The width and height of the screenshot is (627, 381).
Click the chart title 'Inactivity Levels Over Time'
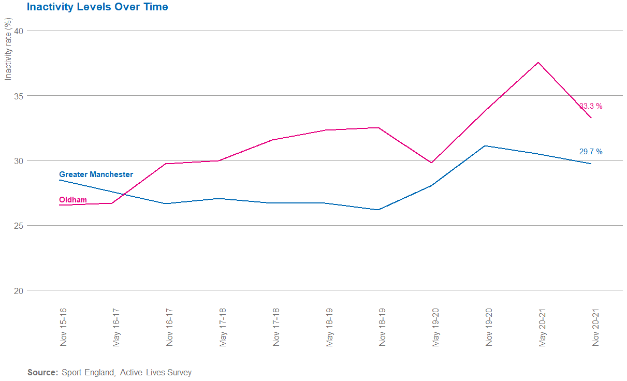pos(97,7)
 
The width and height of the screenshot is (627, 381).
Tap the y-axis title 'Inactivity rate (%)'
pos(8,49)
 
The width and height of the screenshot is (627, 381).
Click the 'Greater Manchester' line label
pos(96,174)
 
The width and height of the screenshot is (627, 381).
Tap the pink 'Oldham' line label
pos(73,200)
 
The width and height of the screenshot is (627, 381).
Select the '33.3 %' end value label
pos(591,106)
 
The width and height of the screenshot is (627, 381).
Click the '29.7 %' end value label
pos(591,152)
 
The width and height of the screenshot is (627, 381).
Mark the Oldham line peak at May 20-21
pos(538,63)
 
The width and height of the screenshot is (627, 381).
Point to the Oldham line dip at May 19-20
pos(431,163)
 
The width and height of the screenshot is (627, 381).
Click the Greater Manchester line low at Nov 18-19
pos(378,210)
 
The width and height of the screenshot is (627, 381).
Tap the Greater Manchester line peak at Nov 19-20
pos(485,146)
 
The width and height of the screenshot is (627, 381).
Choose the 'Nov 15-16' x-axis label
pos(63,327)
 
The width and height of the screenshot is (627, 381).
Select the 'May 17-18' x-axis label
pos(223,327)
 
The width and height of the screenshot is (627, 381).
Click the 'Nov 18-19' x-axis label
pos(383,327)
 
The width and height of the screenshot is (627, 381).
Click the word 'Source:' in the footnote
pos(42,372)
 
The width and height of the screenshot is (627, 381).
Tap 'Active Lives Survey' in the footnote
pos(155,372)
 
